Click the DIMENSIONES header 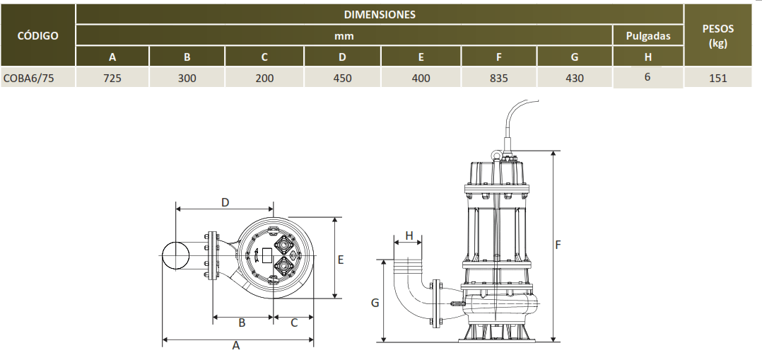click(x=380, y=14)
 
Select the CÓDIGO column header click(x=37, y=35)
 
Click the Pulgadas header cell click(x=647, y=35)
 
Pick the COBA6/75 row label click(x=29, y=79)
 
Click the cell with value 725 click(x=112, y=79)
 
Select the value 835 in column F click(x=498, y=79)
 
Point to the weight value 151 click(x=717, y=79)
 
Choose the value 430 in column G click(x=575, y=79)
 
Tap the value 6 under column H click(x=647, y=76)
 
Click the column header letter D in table click(x=342, y=57)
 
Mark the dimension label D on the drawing click(x=225, y=202)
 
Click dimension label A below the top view click(x=236, y=347)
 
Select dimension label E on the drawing click(x=341, y=260)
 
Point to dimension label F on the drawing click(x=558, y=245)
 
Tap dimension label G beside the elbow click(x=375, y=303)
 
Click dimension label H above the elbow click(x=409, y=235)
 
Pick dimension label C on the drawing click(x=293, y=323)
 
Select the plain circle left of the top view click(x=175, y=255)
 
